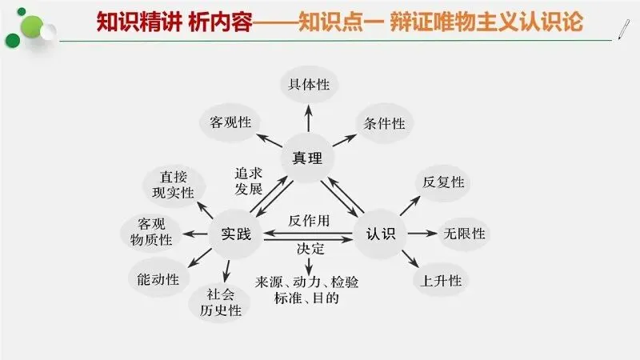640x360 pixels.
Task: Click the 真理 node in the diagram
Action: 308,158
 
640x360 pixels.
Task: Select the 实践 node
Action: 235,234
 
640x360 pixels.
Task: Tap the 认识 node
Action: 380,234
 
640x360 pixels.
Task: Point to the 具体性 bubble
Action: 308,84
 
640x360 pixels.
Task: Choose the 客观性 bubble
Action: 230,122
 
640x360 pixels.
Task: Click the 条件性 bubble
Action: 384,122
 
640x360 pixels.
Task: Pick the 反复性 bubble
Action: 442,182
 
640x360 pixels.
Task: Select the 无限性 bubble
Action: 464,234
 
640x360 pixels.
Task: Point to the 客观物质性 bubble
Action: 150,231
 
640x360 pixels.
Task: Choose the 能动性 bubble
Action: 158,278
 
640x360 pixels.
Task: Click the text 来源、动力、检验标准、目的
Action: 310,290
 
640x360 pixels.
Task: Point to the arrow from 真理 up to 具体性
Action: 308,118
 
